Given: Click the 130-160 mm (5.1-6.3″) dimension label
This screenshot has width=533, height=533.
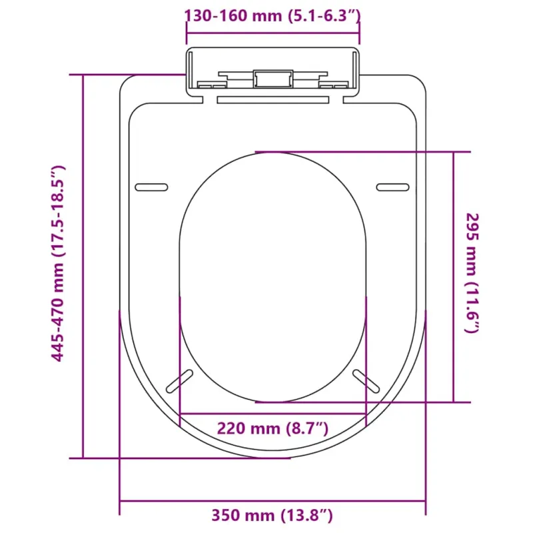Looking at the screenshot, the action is tap(272, 16).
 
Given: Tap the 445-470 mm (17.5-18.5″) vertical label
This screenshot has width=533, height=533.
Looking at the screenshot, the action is tap(58, 263).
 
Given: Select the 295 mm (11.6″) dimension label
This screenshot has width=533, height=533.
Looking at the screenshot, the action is tap(472, 273).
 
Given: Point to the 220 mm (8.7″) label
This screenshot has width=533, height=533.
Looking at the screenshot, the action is tap(272, 428).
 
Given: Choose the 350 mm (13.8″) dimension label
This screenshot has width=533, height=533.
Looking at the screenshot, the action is tap(272, 515).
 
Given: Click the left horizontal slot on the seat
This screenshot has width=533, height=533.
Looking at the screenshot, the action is tap(152, 187).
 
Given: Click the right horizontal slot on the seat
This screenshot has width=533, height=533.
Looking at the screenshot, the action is tap(392, 187).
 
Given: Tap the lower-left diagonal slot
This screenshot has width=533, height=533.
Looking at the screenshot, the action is tap(179, 381).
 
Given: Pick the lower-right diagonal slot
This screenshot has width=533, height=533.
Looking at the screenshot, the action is tap(366, 381).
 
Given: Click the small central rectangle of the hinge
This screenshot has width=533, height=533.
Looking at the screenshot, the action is tap(273, 79).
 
